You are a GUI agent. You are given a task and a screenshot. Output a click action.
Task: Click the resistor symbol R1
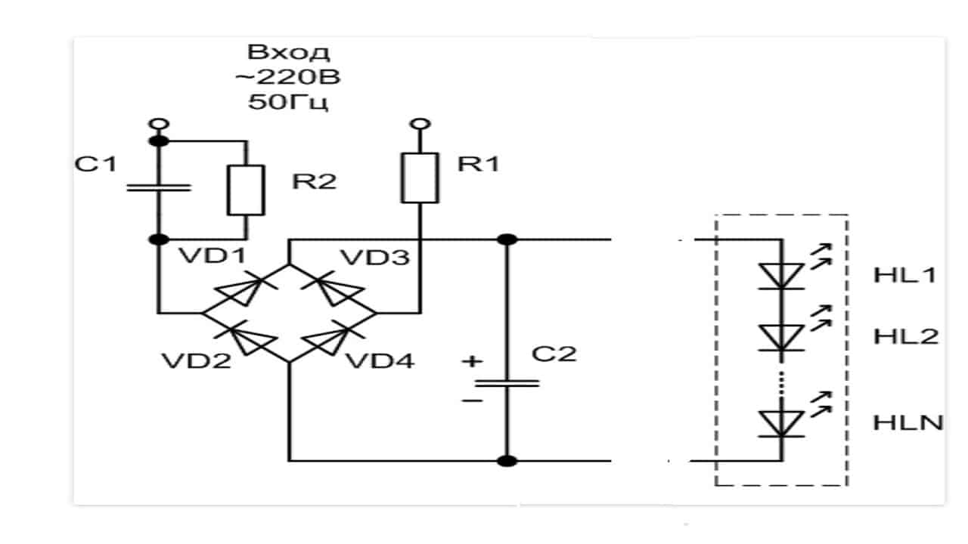click(420, 177)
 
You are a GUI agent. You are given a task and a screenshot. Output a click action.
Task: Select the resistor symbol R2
click(247, 189)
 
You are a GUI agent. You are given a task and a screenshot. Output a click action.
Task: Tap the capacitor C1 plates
click(158, 186)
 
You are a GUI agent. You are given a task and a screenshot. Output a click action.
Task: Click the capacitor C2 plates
click(507, 383)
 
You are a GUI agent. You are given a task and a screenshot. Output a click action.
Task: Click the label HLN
click(907, 422)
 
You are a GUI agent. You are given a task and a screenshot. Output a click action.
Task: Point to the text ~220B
click(288, 78)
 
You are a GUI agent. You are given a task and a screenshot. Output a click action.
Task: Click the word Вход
click(288, 53)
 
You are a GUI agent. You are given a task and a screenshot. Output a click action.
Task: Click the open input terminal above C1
click(158, 124)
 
